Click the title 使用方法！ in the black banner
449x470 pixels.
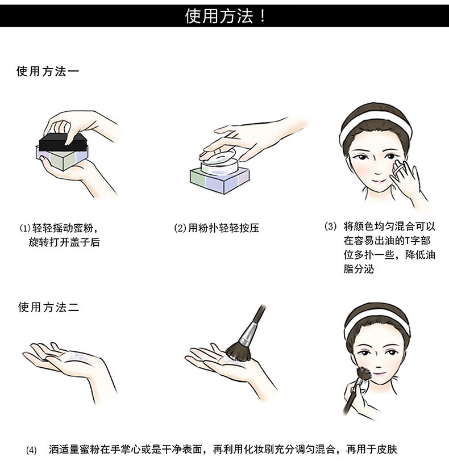click(225, 16)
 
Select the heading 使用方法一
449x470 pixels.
click(48, 72)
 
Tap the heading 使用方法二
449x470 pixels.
click(48, 307)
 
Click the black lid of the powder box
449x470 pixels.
click(63, 142)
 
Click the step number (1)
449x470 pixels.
click(25, 228)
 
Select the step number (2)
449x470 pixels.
click(180, 228)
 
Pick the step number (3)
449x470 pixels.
click(330, 226)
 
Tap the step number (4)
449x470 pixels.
click(31, 450)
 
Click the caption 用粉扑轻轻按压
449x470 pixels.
click(223, 228)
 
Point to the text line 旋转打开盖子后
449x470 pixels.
click(64, 242)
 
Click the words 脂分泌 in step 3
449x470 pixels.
click(359, 269)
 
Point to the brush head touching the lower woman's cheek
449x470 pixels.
click(364, 374)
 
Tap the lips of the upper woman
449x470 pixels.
click(379, 181)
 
